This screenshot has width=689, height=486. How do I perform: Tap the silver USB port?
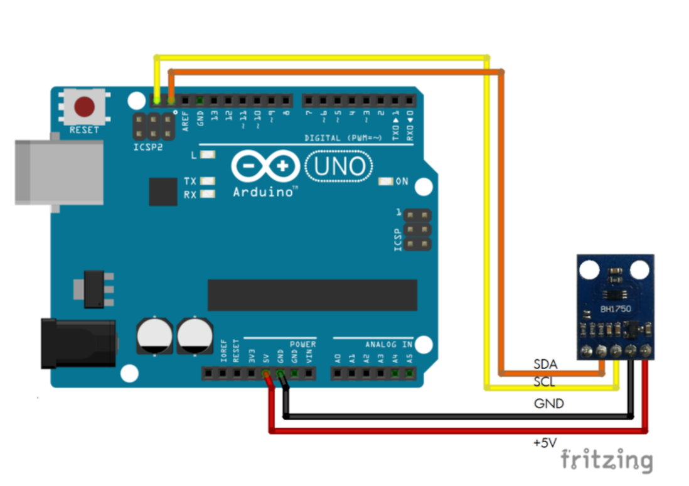(x=59, y=172)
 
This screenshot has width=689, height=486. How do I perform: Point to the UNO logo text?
(x=339, y=166)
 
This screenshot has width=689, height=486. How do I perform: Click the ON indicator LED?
(x=386, y=182)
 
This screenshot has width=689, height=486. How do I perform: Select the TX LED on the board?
(x=208, y=181)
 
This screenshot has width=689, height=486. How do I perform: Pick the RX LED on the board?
(x=208, y=195)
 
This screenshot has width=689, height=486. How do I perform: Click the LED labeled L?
(x=208, y=154)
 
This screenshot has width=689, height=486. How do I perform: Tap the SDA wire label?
(x=545, y=364)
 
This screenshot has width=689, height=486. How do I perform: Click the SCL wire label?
(x=544, y=382)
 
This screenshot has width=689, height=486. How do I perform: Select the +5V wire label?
(x=544, y=443)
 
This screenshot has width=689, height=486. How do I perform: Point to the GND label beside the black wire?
(x=548, y=404)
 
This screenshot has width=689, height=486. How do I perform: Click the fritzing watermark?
(x=606, y=460)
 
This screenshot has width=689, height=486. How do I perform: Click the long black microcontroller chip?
(x=312, y=295)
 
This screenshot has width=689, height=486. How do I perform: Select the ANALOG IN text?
(x=389, y=345)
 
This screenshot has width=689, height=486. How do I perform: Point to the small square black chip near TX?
(x=163, y=192)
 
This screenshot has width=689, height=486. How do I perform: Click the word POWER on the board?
(x=302, y=345)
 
